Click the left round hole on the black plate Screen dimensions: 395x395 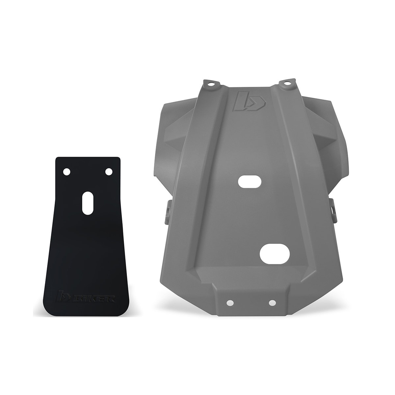(67, 171)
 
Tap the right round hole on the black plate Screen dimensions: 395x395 (108, 171)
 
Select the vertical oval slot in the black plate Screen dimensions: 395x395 (88, 203)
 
